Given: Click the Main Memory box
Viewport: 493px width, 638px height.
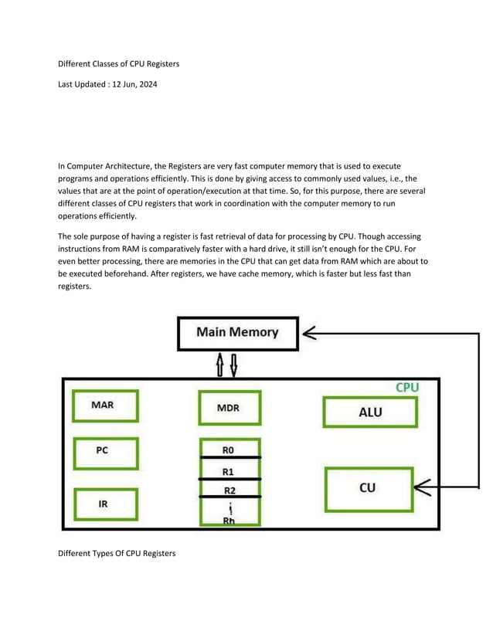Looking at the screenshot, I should pyautogui.click(x=237, y=333).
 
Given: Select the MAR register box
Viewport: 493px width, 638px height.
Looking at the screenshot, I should pyautogui.click(x=104, y=406).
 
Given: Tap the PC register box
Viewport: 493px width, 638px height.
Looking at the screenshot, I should pyautogui.click(x=104, y=453).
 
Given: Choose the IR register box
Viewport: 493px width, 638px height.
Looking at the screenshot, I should pyautogui.click(x=104, y=504).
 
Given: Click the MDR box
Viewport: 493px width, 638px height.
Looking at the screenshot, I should pyautogui.click(x=229, y=407).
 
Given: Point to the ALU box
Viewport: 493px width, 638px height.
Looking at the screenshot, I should pyautogui.click(x=369, y=412).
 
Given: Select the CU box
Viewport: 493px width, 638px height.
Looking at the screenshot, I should pyautogui.click(x=369, y=488).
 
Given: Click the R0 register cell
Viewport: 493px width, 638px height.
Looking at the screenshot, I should pyautogui.click(x=229, y=449).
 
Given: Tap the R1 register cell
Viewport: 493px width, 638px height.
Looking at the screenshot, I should pyautogui.click(x=229, y=470).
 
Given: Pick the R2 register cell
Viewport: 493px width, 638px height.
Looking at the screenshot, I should pyautogui.click(x=229, y=490).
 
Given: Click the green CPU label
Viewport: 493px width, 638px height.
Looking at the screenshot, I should pyautogui.click(x=407, y=387).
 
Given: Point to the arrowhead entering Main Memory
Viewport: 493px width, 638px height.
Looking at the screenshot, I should pyautogui.click(x=309, y=334).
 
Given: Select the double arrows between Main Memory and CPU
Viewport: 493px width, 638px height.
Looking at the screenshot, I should pyautogui.click(x=226, y=364).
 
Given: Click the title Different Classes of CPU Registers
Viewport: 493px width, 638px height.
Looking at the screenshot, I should pyautogui.click(x=119, y=64).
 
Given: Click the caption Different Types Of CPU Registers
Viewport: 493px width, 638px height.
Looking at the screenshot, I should pyautogui.click(x=117, y=553).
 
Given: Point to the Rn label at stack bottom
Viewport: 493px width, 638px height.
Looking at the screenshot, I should pyautogui.click(x=229, y=521).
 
